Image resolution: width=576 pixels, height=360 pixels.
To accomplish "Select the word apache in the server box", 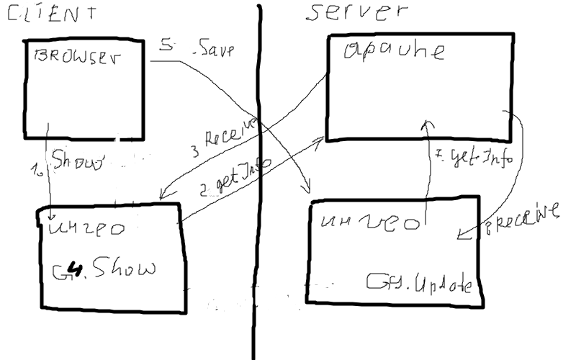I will [394, 51].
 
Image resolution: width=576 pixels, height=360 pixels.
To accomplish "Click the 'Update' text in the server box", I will [420, 284].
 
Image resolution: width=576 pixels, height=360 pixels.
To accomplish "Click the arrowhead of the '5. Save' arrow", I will [306, 191].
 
